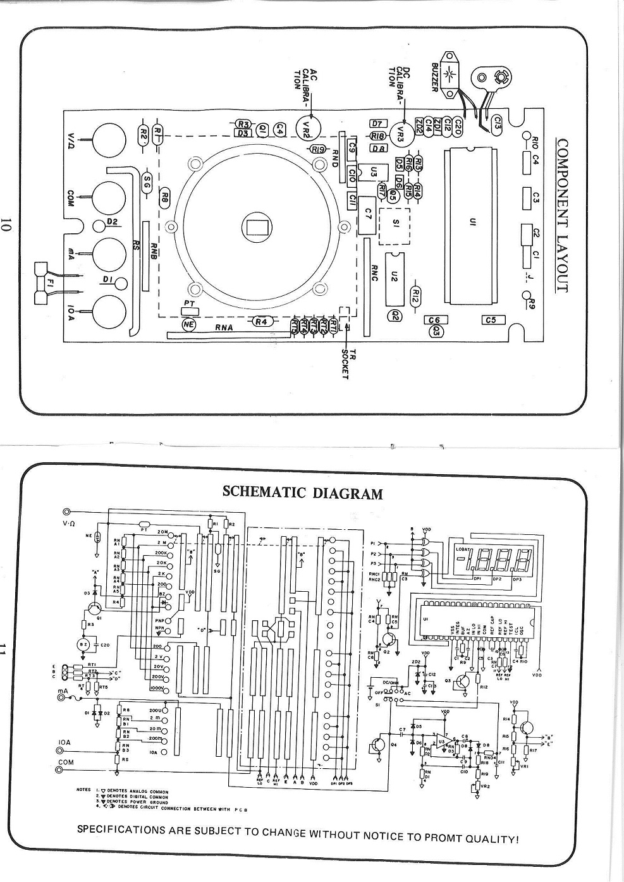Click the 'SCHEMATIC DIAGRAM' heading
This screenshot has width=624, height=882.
point(303,493)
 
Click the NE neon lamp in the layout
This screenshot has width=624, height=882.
point(189,324)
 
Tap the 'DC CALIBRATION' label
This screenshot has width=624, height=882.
point(399,82)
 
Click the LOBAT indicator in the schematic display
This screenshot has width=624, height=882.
point(463,549)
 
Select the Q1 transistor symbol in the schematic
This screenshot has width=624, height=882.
point(94,608)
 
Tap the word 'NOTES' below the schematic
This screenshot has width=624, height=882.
point(83,790)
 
